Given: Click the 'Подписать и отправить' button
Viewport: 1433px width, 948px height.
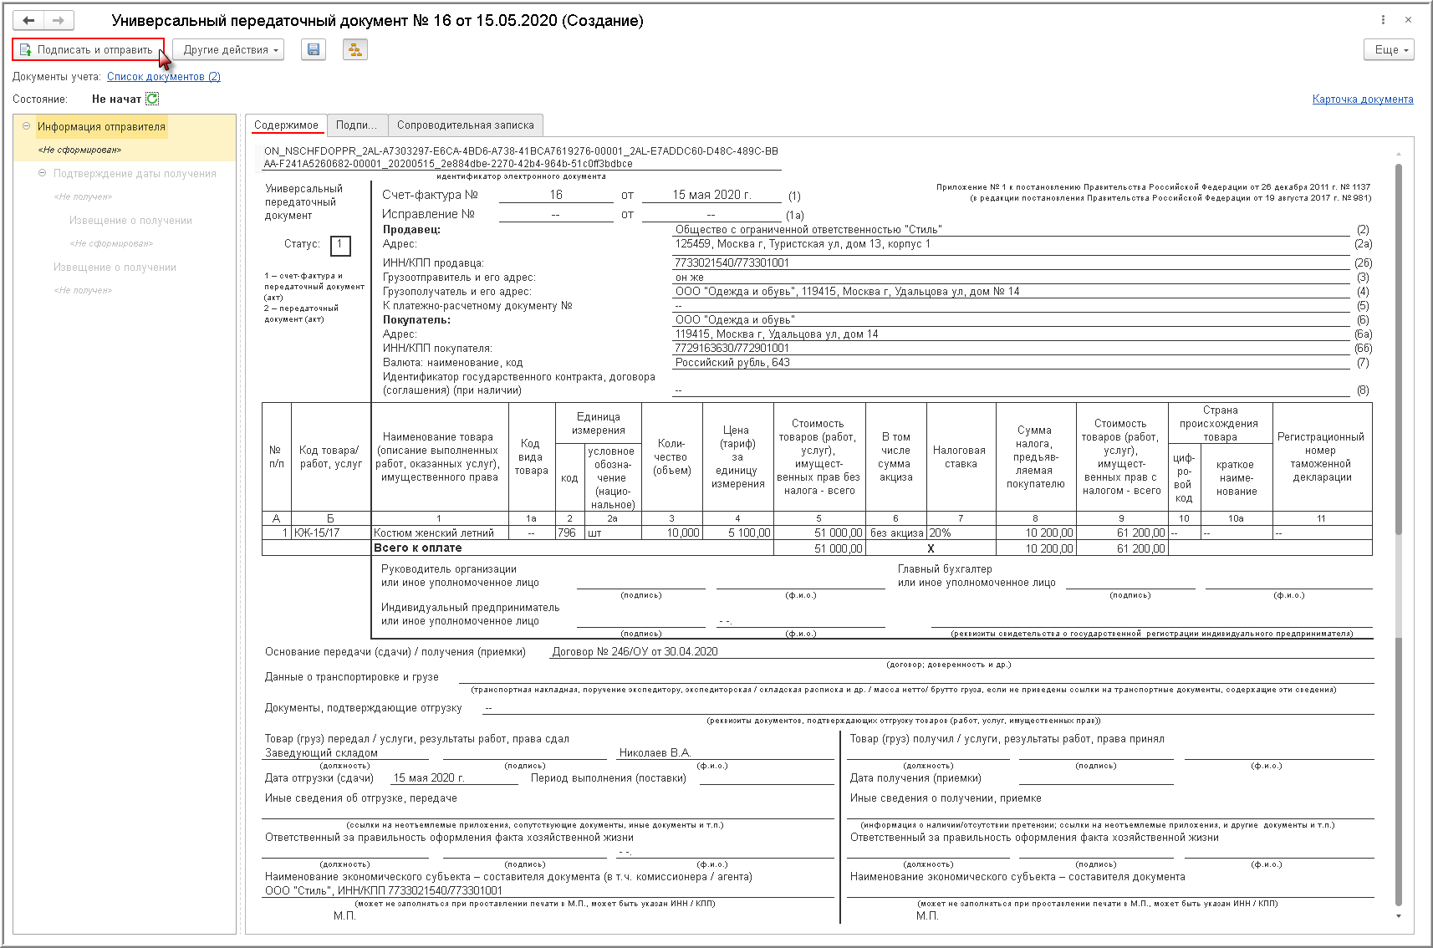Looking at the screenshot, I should [88, 50].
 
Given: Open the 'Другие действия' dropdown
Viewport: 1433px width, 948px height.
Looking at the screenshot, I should [228, 50].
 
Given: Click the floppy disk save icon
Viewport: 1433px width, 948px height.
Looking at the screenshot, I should [314, 50].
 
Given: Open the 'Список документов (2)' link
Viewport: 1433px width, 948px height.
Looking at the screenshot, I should [164, 77].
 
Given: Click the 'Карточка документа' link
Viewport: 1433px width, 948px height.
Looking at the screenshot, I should [1362, 99].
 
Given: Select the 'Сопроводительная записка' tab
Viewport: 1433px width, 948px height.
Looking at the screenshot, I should [465, 125].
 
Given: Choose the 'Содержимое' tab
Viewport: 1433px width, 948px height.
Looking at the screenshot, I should [286, 125].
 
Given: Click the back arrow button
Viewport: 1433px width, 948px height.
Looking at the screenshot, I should [29, 20].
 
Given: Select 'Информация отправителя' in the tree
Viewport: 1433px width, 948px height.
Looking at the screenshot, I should [101, 127].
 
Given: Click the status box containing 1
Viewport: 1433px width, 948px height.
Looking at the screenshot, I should [339, 245].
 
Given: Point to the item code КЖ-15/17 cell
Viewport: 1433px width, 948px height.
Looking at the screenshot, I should [318, 533].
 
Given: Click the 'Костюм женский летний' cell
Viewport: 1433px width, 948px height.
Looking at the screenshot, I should [434, 533].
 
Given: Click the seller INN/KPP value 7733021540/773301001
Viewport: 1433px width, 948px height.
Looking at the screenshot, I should [732, 263].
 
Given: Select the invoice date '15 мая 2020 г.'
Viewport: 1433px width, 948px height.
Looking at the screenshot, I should [711, 196].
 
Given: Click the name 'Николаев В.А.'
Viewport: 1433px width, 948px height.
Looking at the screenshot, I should [655, 753].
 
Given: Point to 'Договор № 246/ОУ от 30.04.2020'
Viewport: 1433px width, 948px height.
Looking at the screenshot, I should [635, 652].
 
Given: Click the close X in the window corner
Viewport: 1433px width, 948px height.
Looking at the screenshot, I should [1408, 20].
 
